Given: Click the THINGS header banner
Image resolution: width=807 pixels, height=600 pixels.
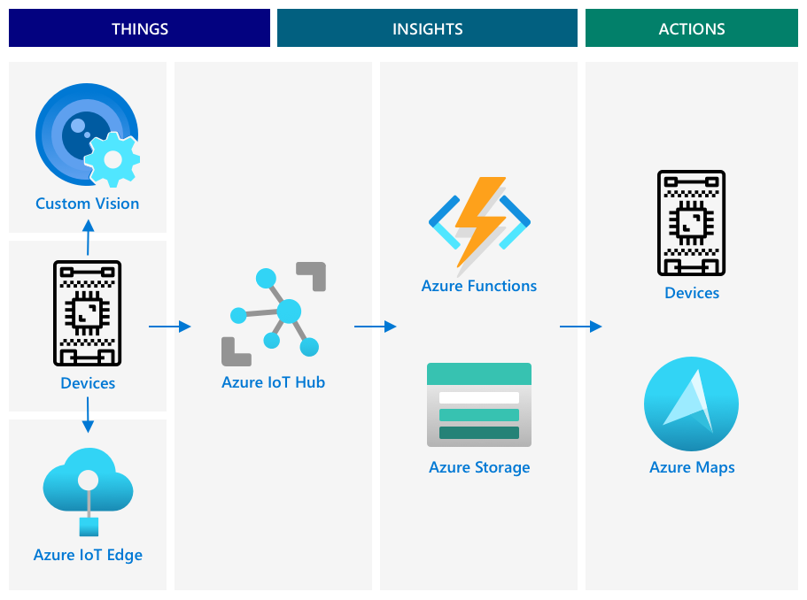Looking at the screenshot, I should [x=139, y=28].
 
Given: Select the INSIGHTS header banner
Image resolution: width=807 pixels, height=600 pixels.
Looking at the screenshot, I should [x=427, y=28].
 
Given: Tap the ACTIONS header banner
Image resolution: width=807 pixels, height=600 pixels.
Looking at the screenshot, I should [x=691, y=28].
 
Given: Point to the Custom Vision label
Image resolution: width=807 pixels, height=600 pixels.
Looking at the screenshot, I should [x=87, y=204].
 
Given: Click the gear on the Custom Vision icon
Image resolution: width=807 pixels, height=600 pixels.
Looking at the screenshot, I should [x=113, y=159].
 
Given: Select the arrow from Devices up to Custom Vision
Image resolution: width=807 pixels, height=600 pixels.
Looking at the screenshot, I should [x=88, y=238].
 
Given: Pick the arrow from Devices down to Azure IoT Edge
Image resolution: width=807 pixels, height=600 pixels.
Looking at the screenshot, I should [x=88, y=414].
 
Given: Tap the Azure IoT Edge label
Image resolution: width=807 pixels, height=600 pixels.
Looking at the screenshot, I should [x=88, y=555].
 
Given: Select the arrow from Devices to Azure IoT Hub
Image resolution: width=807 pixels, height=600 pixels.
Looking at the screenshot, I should [x=169, y=327].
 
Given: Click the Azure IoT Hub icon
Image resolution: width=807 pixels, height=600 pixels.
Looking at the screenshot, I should [x=273, y=313].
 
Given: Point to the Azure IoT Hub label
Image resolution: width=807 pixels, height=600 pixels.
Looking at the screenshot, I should [x=273, y=382].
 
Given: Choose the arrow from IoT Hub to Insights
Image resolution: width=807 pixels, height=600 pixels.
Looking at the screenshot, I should [x=375, y=327].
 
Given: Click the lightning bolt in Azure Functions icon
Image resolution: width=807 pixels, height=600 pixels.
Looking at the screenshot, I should [x=478, y=221].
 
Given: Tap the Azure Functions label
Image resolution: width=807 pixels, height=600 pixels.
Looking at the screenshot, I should [x=478, y=286].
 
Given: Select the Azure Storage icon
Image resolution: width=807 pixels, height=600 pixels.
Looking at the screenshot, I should [x=478, y=404].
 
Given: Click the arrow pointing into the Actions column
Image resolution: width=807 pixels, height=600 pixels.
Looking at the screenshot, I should [x=580, y=327].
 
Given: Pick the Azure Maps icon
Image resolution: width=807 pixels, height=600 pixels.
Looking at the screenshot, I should [x=691, y=404].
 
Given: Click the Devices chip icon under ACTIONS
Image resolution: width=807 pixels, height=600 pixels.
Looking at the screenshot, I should [x=691, y=223].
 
